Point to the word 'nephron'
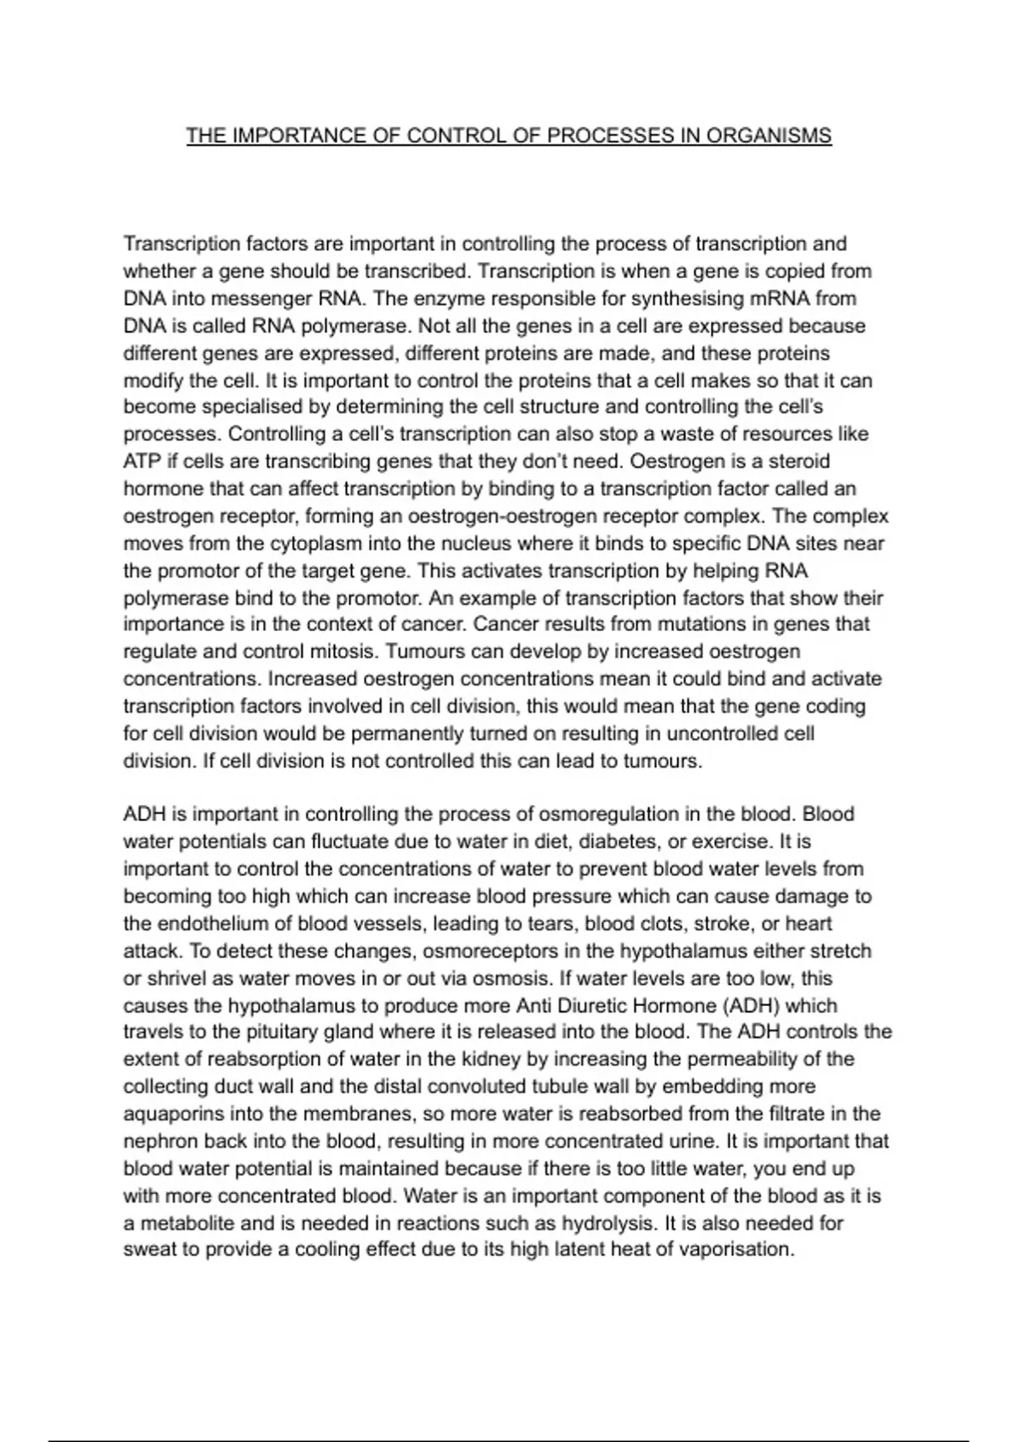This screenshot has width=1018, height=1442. click(x=158, y=1142)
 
